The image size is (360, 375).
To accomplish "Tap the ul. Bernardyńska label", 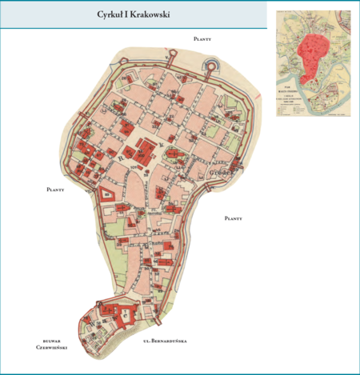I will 164,341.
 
